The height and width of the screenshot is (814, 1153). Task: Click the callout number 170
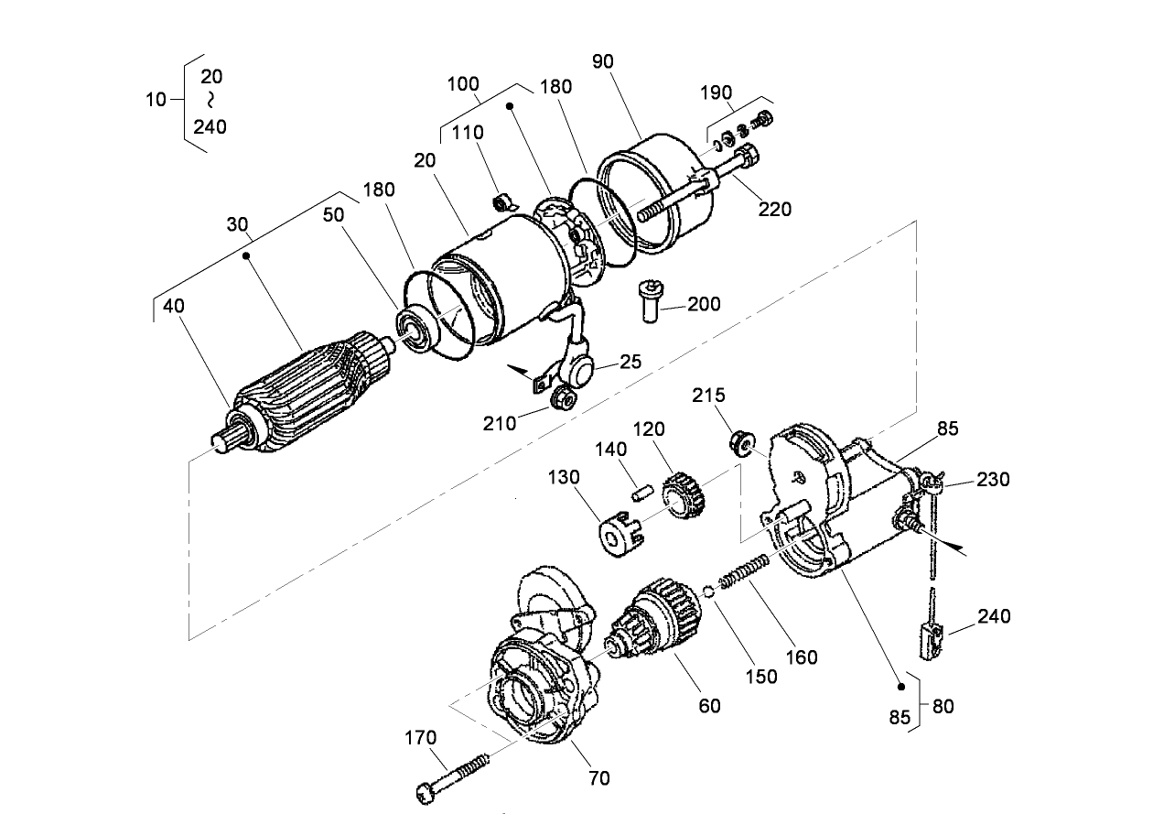[x=422, y=737]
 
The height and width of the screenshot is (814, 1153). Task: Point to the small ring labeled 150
[x=709, y=591]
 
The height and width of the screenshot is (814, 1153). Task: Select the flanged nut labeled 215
[x=740, y=444]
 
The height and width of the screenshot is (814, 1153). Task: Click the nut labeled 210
[x=563, y=397]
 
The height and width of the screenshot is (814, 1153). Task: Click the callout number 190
[x=717, y=92]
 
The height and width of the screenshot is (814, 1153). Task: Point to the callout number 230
[x=993, y=478]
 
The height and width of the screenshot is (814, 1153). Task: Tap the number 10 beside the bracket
[x=156, y=100]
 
